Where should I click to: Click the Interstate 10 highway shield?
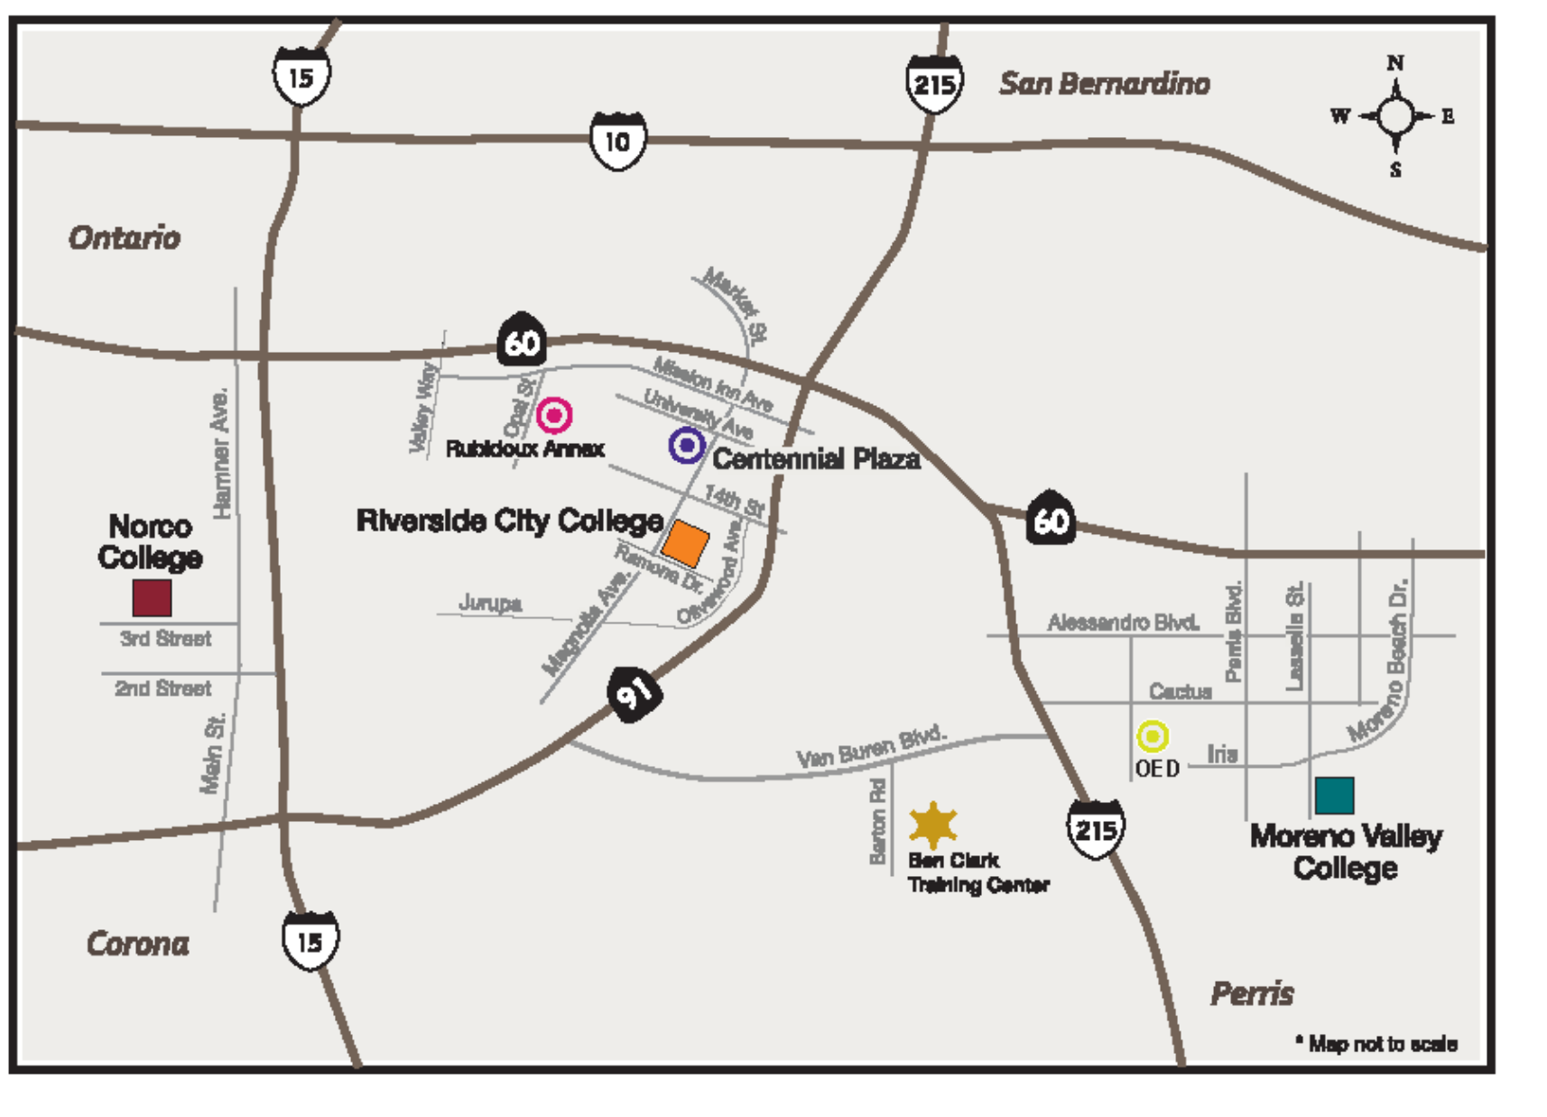[617, 142]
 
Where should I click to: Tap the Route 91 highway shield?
[635, 693]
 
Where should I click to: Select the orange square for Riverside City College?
[685, 543]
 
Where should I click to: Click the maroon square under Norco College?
[152, 597]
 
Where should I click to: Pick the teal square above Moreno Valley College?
[1334, 796]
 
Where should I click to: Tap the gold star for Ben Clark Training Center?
[932, 825]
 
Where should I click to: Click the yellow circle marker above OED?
[1152, 736]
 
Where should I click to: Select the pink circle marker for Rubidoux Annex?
[554, 415]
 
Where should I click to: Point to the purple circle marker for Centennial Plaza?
[687, 445]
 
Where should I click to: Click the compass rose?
[1395, 116]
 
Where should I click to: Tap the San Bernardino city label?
[1104, 84]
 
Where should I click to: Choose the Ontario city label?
[125, 238]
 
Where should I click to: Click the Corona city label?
[138, 944]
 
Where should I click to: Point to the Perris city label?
[1252, 994]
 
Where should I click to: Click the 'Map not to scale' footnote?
[1377, 1044]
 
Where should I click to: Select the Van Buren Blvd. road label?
[871, 745]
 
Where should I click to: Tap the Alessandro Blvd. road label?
[1123, 623]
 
